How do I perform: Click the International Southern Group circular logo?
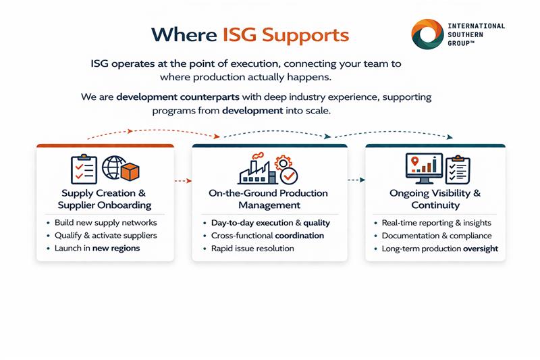[x=427, y=34]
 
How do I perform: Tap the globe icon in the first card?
[x=111, y=169]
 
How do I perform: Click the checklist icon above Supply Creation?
[x=84, y=169]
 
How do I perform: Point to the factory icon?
[x=257, y=170]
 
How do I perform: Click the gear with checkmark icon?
[x=286, y=172]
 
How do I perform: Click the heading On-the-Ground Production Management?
[x=268, y=199]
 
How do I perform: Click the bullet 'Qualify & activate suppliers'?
[x=106, y=236]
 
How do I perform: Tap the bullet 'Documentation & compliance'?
[x=437, y=236]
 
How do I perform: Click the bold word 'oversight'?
[x=481, y=249]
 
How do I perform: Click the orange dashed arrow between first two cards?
[x=183, y=181]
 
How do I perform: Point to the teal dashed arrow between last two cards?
[x=356, y=180]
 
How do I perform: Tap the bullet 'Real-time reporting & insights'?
[x=437, y=223]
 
